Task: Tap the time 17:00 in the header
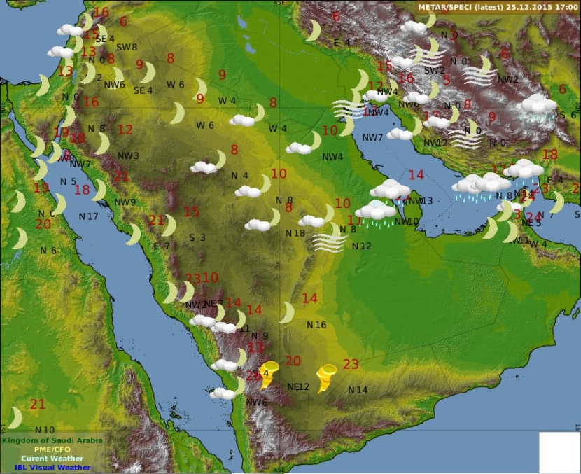566,6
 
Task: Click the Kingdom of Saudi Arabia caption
52,440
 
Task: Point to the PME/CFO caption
52,449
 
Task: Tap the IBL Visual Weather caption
52,468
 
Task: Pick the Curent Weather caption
52,459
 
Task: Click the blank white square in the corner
559,452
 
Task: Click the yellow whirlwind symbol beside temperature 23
326,378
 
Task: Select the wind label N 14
358,390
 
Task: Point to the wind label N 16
316,325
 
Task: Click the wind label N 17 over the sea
88,216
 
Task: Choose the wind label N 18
295,233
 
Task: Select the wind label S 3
197,237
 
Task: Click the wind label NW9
125,203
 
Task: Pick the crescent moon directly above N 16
287,312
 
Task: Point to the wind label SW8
126,48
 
